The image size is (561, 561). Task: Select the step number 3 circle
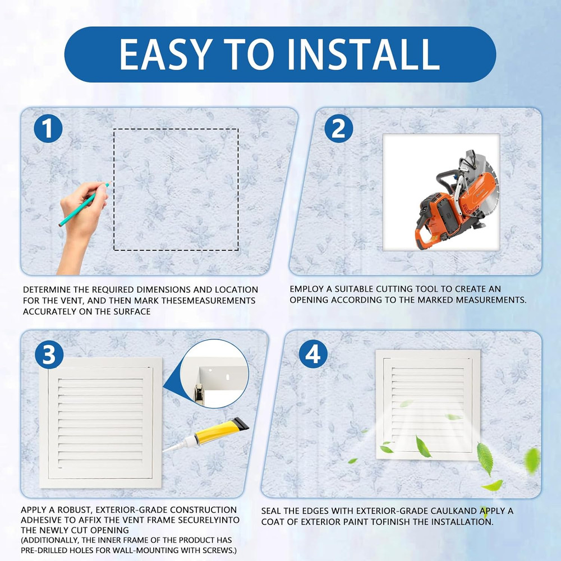[49, 355]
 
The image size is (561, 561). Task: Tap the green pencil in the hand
[84, 204]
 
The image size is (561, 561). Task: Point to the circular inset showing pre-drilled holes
[217, 373]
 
